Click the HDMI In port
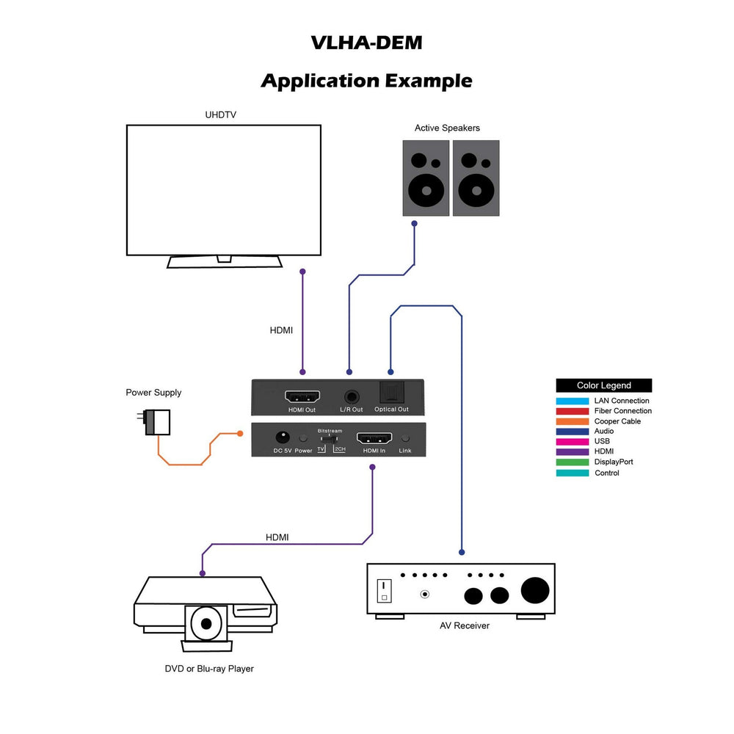coord(374,438)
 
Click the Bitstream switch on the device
coord(330,438)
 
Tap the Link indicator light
coord(405,438)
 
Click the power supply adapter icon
coord(158,422)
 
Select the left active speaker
coord(426,178)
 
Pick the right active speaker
coord(476,178)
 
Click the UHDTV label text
coord(220,115)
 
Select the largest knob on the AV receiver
coord(535,590)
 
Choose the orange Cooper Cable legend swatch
coord(573,421)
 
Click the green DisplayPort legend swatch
coord(573,462)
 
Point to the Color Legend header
coord(603,385)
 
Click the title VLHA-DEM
coord(366,43)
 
